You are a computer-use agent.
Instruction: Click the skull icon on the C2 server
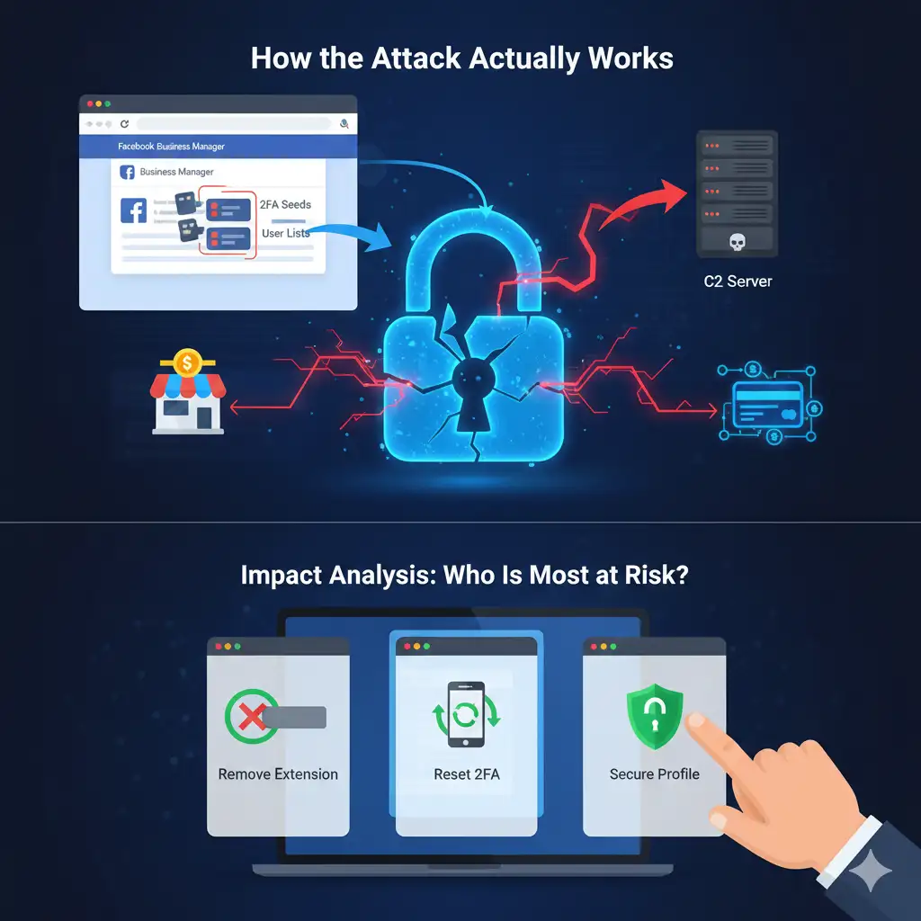click(x=737, y=241)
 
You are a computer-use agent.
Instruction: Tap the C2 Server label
click(x=737, y=282)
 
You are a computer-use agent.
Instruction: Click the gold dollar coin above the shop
click(x=187, y=363)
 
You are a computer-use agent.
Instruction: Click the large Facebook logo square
click(x=133, y=211)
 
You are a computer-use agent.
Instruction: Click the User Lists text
click(x=285, y=234)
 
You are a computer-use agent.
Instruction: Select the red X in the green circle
click(x=249, y=717)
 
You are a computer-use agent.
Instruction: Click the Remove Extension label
click(x=278, y=773)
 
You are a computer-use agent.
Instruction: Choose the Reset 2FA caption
click(x=466, y=773)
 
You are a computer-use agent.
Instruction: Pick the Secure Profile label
click(x=654, y=773)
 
